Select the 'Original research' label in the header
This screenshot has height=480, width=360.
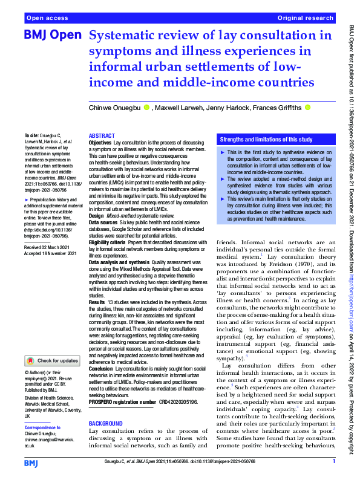point(305,19)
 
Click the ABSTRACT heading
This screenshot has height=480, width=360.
point(102,136)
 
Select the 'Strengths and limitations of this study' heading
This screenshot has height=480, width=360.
point(266,139)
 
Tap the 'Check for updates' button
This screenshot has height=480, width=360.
point(52,361)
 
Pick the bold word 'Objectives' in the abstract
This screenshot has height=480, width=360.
point(100,143)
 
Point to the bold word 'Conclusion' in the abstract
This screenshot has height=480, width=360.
point(101,368)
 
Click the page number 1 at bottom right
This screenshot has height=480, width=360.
point(333,462)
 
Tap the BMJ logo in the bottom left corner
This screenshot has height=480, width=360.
point(31,462)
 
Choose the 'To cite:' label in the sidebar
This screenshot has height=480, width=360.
point(30,137)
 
